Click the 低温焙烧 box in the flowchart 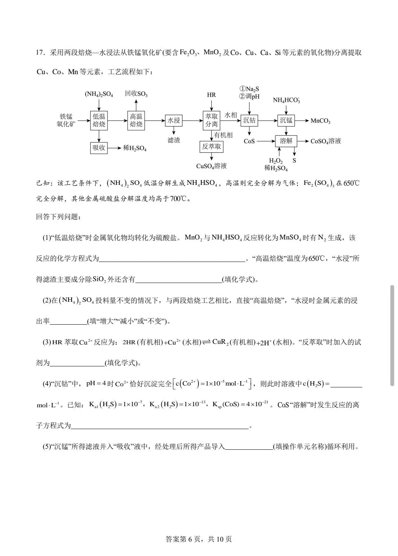point(99,120)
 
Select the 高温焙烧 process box point(136,120)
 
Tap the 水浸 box point(173,120)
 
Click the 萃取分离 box point(211,120)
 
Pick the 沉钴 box point(249,120)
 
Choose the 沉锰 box point(286,120)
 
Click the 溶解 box point(286,141)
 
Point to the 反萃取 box point(211,146)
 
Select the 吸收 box point(99,148)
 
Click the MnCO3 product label point(320,121)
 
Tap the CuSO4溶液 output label point(211,166)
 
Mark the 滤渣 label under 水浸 point(173,140)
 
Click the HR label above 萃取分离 point(211,95)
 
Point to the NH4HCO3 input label point(286,100)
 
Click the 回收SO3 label point(136,94)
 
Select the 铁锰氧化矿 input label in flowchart point(66,120)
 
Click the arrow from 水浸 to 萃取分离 point(192,120)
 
